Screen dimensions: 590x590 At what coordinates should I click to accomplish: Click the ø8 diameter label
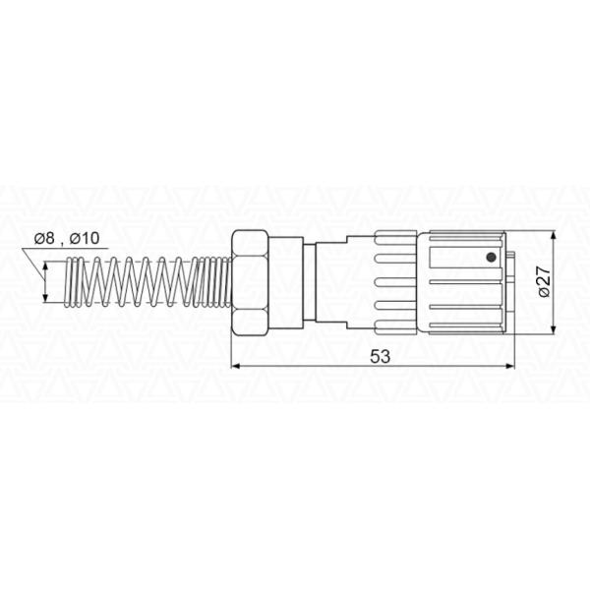click(44, 238)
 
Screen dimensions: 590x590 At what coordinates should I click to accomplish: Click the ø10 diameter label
click(85, 238)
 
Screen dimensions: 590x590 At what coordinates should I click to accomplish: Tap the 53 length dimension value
click(380, 356)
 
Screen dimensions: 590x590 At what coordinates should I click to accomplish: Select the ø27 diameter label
click(544, 281)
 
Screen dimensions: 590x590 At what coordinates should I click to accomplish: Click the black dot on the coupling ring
click(491, 258)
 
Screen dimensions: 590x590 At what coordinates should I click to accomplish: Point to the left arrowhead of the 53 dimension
click(235, 366)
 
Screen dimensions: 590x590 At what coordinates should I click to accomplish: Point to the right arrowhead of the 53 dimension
click(509, 366)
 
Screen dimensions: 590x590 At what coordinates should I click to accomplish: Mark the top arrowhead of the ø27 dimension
click(553, 237)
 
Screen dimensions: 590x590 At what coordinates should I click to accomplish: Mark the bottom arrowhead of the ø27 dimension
click(553, 329)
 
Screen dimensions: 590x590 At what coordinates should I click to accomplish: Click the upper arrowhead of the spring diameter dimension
click(45, 266)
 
